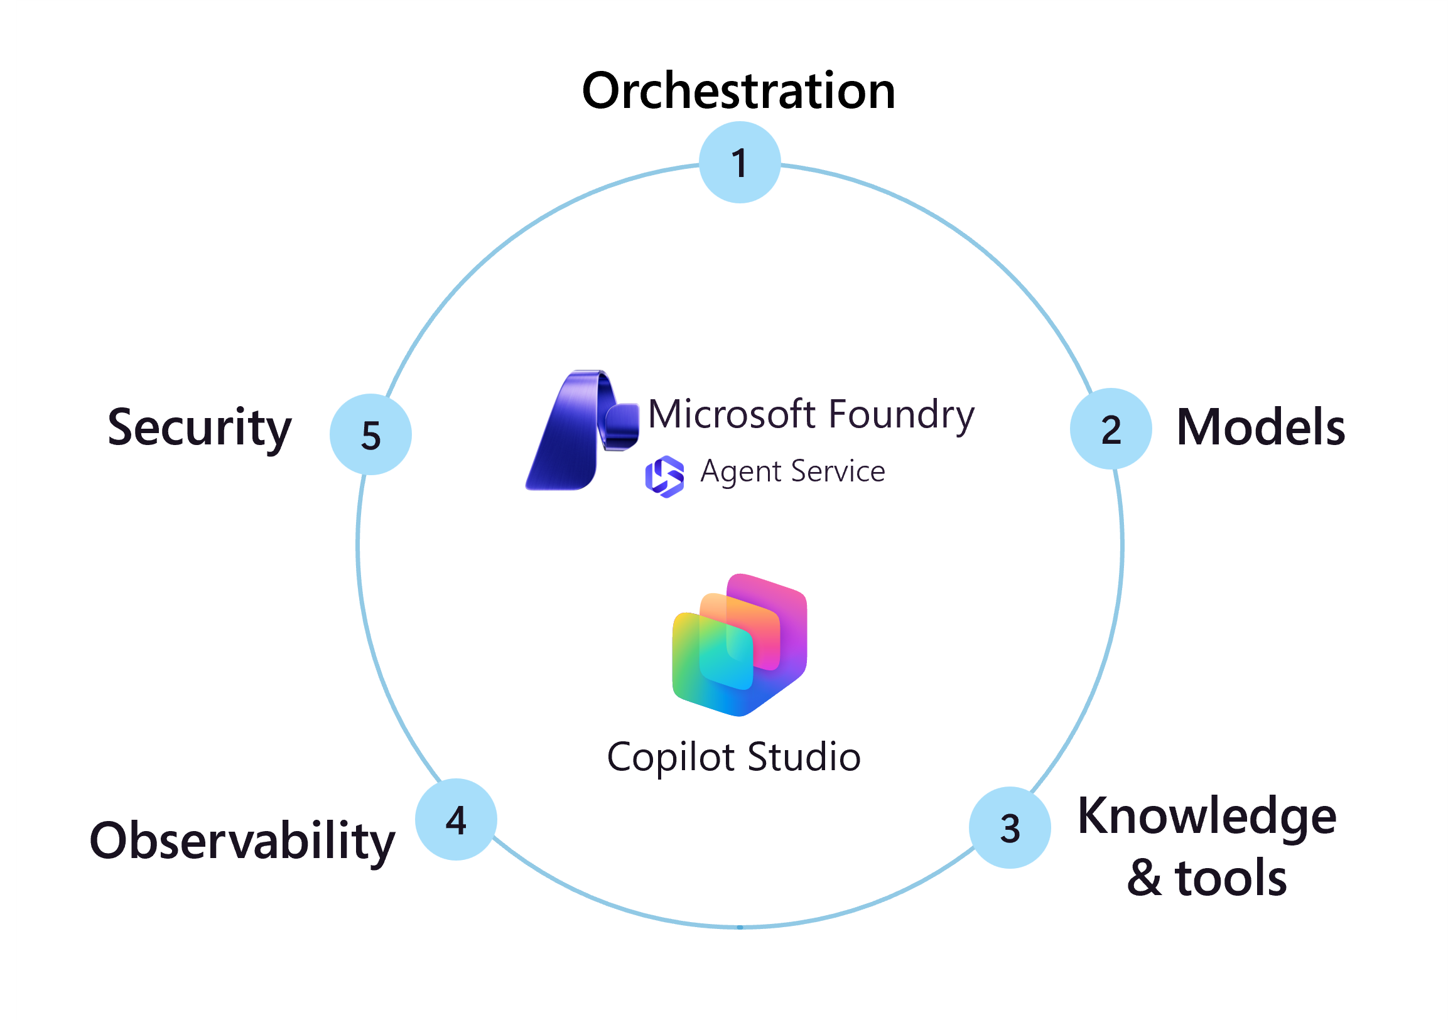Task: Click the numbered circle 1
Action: (x=740, y=162)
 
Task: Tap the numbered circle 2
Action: (x=1111, y=429)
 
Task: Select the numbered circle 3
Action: (x=1010, y=827)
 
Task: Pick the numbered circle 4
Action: (x=456, y=820)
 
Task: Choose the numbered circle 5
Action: (x=371, y=434)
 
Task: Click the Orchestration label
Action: (x=738, y=91)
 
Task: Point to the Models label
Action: (x=1261, y=427)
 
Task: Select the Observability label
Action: (x=242, y=841)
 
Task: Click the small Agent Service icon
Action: (x=664, y=476)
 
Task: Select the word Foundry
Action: (x=901, y=416)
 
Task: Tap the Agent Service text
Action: (x=792, y=471)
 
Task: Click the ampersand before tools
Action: (x=1144, y=878)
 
